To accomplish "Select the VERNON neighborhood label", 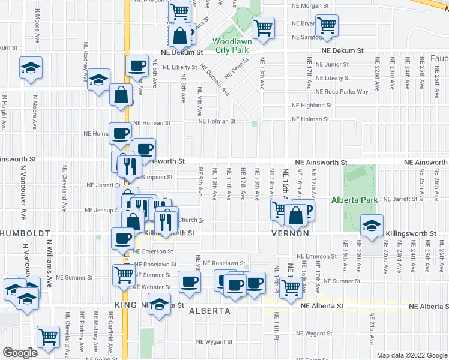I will coord(291,233).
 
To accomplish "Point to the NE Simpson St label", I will coord(152,178).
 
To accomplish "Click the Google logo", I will coord(20,353).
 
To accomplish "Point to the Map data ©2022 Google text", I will coord(412,355).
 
